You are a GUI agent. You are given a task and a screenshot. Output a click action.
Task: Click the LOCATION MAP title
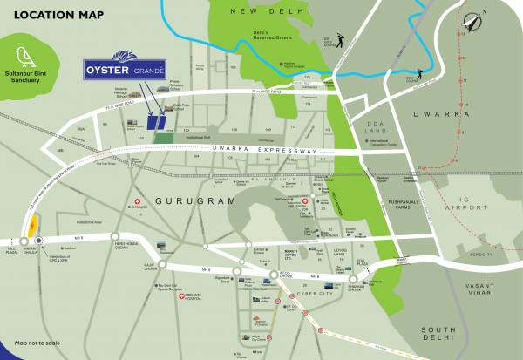54,15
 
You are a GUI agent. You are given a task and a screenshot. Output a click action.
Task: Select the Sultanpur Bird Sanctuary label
29,79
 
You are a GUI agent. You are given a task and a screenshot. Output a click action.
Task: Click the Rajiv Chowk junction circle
162,263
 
